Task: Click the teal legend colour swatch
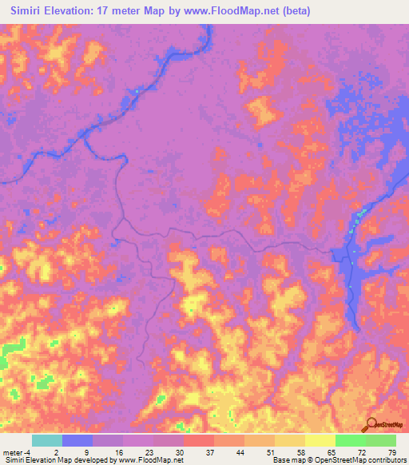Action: [x=47, y=440]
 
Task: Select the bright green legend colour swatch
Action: [x=351, y=440]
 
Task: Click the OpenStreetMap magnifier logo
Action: [x=370, y=423]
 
